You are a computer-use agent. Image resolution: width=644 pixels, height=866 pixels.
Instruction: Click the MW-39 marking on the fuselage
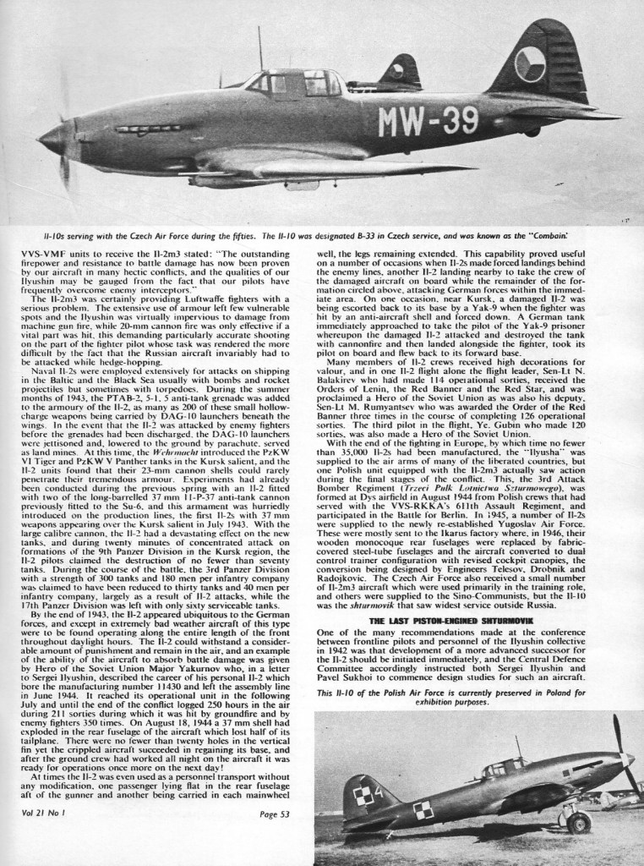tap(429, 123)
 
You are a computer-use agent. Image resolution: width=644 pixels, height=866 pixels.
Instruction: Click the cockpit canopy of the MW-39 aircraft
tap(287, 83)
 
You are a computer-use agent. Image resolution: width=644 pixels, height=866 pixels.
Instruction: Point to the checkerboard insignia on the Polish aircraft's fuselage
tap(423, 808)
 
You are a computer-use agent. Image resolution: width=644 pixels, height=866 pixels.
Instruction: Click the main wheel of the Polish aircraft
tap(578, 822)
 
